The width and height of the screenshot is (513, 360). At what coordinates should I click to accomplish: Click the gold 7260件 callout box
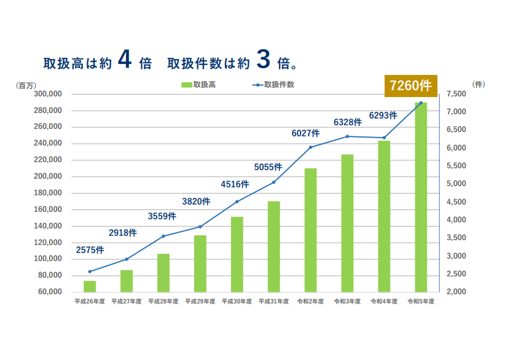point(410,85)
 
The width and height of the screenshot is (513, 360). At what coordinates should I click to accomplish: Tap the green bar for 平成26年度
point(90,286)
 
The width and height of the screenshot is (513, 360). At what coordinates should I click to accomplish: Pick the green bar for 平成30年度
point(237,254)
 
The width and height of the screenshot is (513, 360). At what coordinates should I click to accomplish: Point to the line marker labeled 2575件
point(90,272)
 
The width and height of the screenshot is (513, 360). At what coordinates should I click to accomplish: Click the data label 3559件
point(162,216)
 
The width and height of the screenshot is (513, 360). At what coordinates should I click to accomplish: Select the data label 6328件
point(348,122)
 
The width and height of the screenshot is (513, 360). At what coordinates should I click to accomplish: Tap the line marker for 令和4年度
point(384,138)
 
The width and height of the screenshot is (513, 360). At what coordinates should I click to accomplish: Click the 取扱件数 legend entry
point(273,85)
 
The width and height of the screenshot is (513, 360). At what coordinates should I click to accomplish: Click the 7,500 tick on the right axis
point(457,94)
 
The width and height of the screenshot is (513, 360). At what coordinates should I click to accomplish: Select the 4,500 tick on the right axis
point(457,202)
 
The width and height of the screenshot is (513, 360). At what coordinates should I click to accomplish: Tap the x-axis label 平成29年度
point(200,302)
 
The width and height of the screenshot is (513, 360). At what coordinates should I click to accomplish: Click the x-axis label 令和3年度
point(347,302)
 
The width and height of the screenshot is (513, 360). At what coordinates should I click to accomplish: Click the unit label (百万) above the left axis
point(27,85)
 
